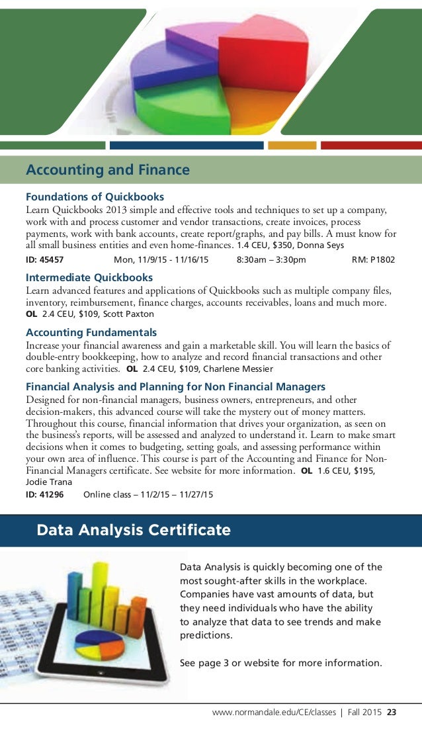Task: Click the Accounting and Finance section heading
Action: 108,170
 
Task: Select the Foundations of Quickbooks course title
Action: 95,196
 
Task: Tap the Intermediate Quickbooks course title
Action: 89,277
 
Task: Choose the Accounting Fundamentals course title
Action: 91,332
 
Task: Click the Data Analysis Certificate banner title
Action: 134,530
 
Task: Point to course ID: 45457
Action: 45,260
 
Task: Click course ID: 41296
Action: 45,494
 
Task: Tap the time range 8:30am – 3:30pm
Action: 271,260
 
